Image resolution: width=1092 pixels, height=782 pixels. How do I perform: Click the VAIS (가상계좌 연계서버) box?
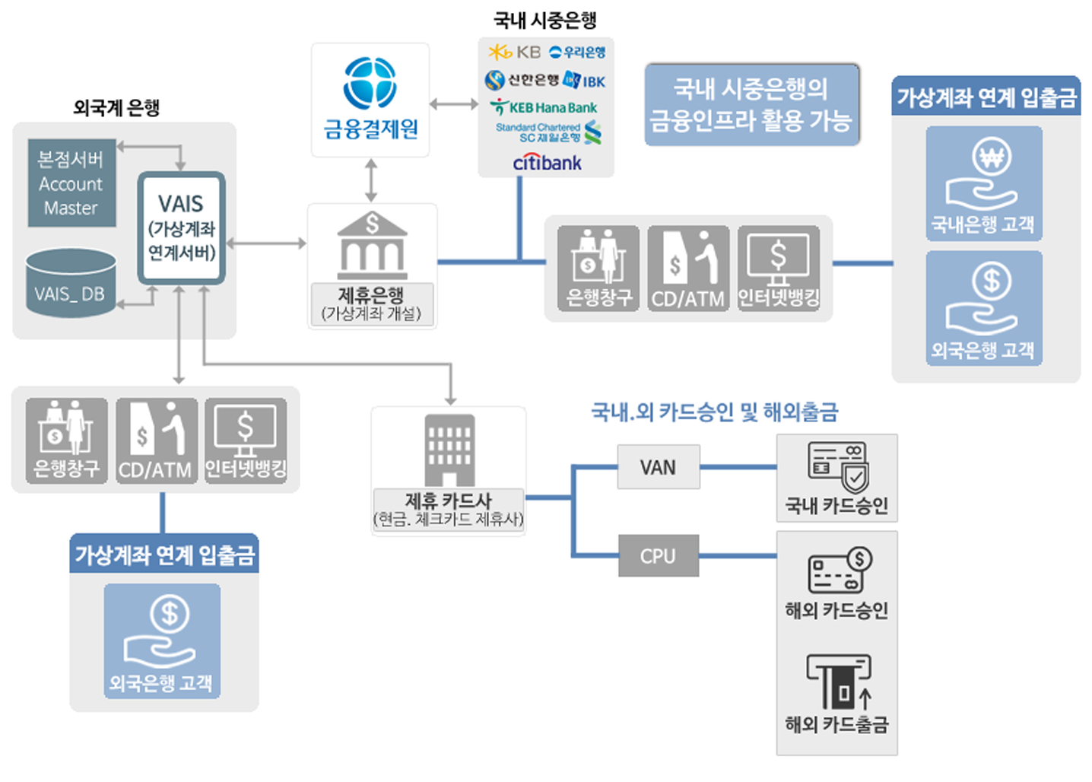point(181,227)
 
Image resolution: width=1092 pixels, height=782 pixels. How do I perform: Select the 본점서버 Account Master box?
point(71,183)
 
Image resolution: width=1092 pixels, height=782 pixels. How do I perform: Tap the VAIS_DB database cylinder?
point(71,283)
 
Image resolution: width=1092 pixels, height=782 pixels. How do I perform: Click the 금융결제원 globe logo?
point(370,83)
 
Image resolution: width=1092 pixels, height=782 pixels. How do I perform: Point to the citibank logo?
point(547,162)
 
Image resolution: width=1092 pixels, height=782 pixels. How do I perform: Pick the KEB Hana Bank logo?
point(544,107)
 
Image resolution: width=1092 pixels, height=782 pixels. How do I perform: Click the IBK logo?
point(586,81)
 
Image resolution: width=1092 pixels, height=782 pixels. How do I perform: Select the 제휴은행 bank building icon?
point(372,245)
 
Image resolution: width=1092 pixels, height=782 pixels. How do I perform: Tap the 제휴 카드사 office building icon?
point(449,450)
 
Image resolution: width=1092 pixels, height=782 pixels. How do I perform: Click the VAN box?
point(658,467)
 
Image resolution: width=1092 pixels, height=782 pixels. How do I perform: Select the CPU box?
point(658,556)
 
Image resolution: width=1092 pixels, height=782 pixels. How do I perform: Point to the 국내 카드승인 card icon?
point(838,466)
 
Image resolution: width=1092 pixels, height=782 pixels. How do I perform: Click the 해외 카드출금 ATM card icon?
point(838,682)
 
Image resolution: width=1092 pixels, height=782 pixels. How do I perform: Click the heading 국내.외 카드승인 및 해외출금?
point(714,412)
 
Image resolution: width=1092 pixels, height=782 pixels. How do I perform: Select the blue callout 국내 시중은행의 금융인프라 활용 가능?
point(751,104)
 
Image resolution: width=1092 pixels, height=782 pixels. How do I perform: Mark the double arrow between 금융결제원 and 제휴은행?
point(371,180)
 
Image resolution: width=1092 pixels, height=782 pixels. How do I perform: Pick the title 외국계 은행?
point(116,107)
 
